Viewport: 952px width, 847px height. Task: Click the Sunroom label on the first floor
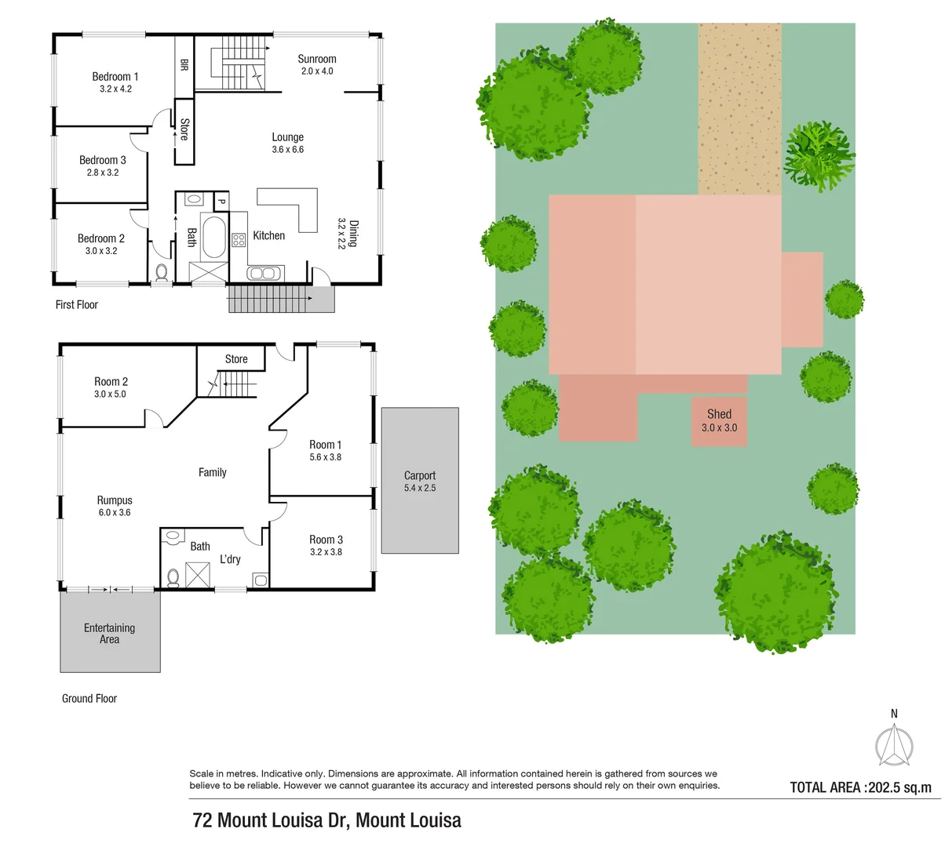(317, 59)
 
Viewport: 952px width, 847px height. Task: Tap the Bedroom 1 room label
(115, 77)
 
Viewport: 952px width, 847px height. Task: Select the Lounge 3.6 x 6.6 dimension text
(288, 149)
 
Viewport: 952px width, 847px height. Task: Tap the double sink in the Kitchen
(261, 273)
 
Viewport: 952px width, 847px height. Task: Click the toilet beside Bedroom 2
(162, 272)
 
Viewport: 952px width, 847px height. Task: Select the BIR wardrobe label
(184, 64)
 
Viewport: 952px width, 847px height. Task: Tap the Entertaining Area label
(109, 634)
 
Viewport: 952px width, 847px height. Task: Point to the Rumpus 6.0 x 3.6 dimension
(115, 512)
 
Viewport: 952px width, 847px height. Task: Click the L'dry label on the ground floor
(230, 559)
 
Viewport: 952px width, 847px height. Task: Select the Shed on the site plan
(719, 421)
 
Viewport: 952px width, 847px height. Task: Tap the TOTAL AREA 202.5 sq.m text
(860, 787)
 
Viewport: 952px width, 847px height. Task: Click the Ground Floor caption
(89, 698)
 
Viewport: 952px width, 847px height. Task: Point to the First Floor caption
(77, 304)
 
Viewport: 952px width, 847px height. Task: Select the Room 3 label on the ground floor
(326, 540)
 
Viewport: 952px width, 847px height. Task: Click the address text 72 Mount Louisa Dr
(326, 820)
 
